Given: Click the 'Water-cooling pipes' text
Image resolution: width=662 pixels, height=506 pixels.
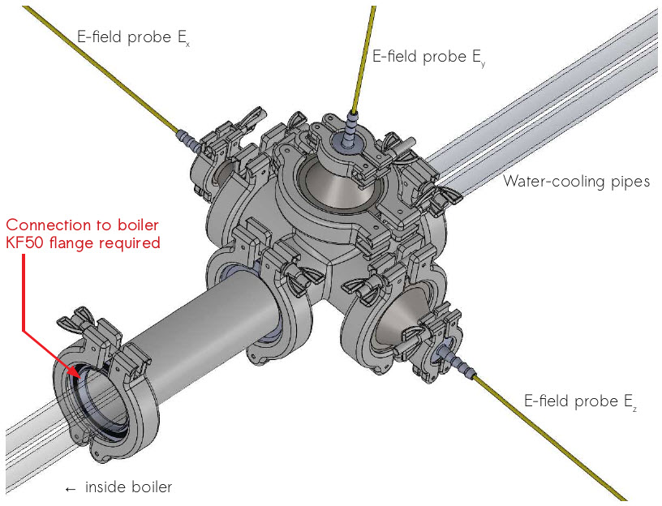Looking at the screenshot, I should pos(576,182).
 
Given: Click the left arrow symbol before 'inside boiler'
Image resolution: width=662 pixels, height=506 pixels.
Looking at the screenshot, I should pos(71,488).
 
